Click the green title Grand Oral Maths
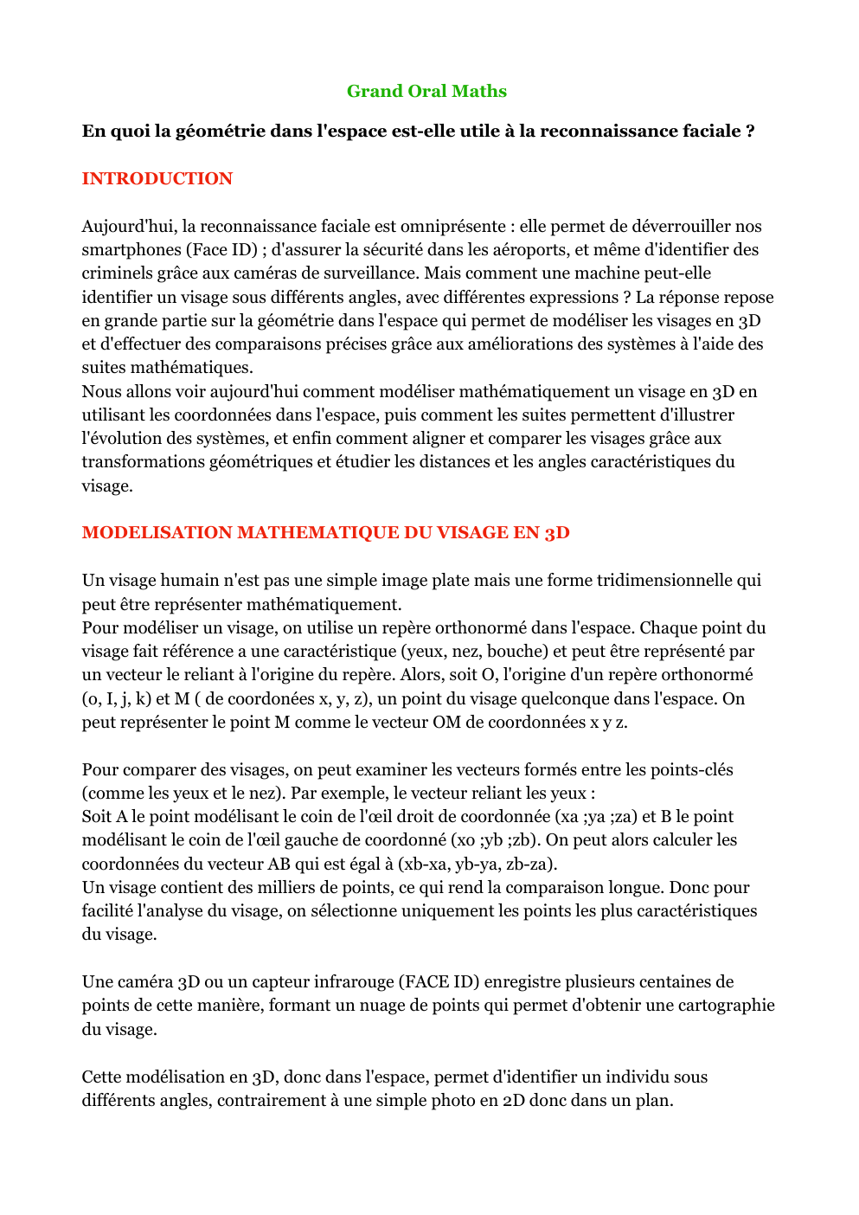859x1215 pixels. (x=426, y=91)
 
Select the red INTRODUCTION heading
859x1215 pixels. (x=157, y=178)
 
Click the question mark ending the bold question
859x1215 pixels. (x=750, y=131)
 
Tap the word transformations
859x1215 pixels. (x=144, y=461)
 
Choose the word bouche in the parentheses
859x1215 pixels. (x=523, y=651)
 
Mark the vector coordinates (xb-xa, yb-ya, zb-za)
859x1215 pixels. (x=478, y=864)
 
